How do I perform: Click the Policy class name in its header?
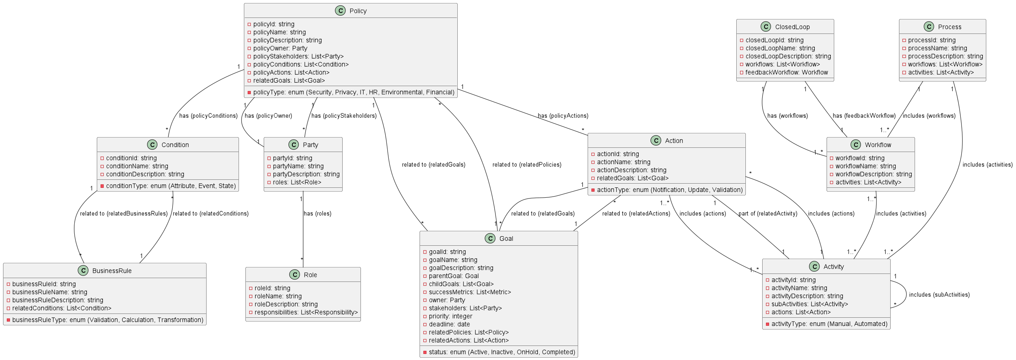pos(358,11)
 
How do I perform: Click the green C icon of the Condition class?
pos(152,145)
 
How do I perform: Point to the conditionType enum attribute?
pos(170,186)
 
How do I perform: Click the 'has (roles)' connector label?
pos(317,214)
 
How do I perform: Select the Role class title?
pos(310,275)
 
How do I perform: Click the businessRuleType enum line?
pos(107,320)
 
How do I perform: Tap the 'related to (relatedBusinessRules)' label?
pos(123,214)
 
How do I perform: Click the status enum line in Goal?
pos(501,352)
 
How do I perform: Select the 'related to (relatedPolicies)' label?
pos(527,165)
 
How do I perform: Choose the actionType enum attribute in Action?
pos(669,190)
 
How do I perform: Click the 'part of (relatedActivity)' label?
pos(768,214)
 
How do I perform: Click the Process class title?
pos(949,27)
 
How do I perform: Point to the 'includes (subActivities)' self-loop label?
pos(939,295)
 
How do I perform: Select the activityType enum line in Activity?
pos(829,324)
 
